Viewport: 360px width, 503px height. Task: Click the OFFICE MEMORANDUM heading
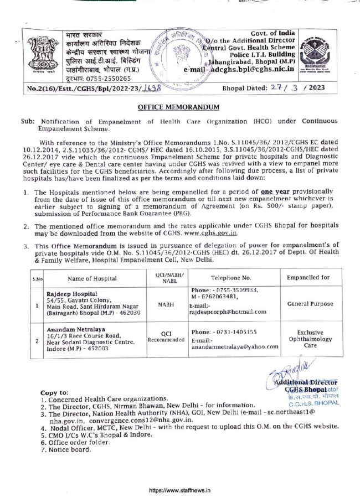tap(179, 107)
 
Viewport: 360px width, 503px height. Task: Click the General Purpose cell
tap(310, 304)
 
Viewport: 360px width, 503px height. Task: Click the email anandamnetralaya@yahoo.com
tap(235, 347)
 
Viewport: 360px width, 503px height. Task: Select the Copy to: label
tap(55, 391)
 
